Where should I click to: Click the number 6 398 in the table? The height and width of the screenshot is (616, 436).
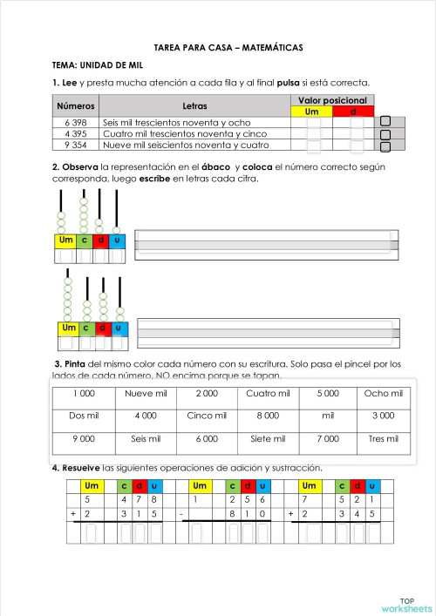click(x=75, y=123)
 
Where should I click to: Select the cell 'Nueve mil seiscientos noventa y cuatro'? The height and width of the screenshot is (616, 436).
click(x=194, y=146)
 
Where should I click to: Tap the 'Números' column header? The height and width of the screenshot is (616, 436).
click(x=76, y=105)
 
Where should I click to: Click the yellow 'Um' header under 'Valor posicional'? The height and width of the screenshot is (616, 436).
click(x=313, y=112)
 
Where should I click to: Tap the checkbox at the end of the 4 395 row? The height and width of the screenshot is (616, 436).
click(x=385, y=134)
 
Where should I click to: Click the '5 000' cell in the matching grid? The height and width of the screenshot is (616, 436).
click(x=328, y=393)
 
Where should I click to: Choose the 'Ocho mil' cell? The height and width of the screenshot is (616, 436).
click(x=384, y=393)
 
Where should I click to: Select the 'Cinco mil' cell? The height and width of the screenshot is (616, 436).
click(x=207, y=416)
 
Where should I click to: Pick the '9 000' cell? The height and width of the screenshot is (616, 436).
click(x=84, y=438)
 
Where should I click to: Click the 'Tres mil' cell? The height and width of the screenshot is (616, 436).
click(x=384, y=438)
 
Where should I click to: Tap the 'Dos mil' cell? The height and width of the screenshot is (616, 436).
click(x=84, y=416)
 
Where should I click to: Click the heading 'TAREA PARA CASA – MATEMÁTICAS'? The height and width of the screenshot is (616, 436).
click(x=217, y=49)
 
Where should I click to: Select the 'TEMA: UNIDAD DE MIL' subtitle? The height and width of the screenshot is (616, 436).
click(x=98, y=65)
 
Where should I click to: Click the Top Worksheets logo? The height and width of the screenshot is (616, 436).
click(x=405, y=604)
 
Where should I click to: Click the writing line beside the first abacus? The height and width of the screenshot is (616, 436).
click(x=267, y=245)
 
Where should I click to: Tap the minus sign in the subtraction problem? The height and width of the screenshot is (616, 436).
click(x=181, y=514)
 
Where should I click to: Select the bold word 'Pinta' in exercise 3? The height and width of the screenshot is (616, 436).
click(x=75, y=363)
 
